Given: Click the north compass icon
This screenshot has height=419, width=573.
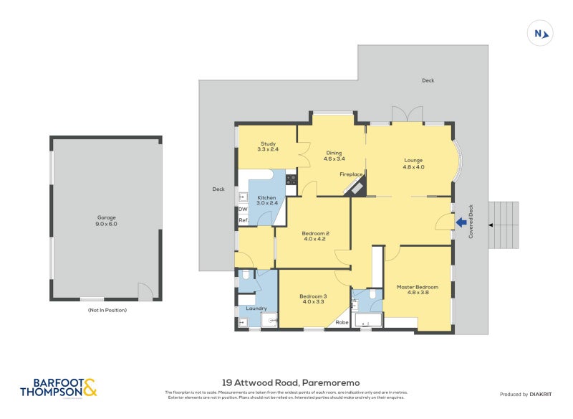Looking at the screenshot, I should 541,33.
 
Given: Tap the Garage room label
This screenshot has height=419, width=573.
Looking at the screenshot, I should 107,220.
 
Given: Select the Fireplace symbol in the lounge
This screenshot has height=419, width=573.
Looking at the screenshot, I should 355,186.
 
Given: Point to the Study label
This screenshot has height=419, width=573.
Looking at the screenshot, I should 268,146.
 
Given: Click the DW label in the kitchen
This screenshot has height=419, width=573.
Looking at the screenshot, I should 243,209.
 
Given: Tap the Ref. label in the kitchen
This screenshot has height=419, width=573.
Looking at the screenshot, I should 243,220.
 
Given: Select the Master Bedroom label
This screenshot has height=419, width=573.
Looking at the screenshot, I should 417,289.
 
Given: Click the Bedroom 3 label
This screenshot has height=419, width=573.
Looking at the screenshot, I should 313,298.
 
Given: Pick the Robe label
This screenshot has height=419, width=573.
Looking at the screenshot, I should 342,323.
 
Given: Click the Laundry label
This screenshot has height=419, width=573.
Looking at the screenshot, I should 256,309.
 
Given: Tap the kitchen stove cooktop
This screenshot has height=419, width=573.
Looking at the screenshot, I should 291,179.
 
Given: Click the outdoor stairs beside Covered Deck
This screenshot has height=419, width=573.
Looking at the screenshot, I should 503,225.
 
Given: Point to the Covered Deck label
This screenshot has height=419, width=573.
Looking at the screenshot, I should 471,222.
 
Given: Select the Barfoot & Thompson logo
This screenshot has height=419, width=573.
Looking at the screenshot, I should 58,388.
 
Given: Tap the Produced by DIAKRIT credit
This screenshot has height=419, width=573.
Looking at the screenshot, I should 529,395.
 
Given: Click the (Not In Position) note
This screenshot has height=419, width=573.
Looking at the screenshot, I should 107,310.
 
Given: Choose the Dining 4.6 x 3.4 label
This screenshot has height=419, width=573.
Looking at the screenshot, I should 334,156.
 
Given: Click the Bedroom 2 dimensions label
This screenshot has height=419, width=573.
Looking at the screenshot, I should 315,239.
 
